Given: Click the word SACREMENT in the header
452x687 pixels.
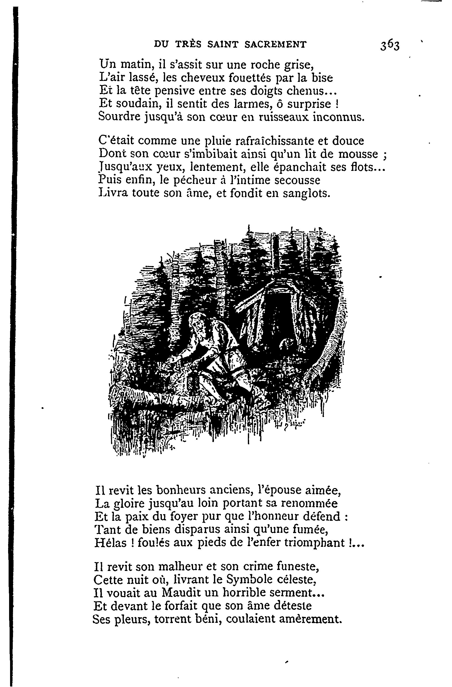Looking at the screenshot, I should (x=275, y=44).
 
